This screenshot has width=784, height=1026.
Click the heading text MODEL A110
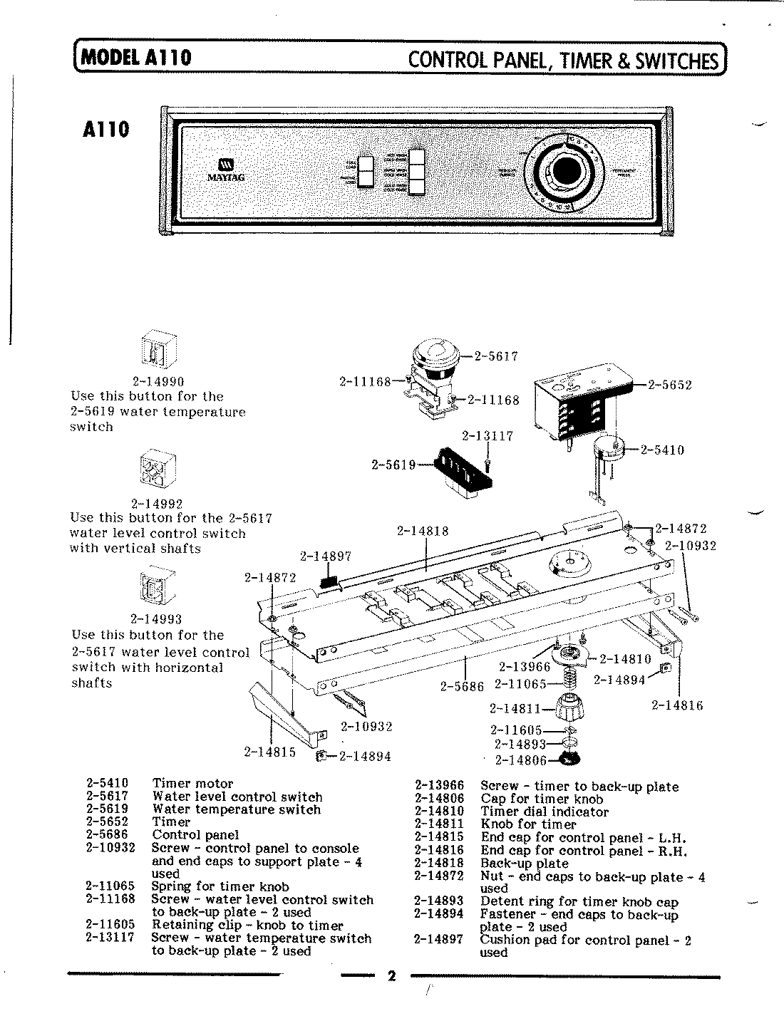pyautogui.click(x=135, y=57)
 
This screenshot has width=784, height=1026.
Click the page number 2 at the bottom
pyautogui.click(x=391, y=975)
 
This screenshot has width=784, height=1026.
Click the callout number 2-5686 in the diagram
pyautogui.click(x=461, y=687)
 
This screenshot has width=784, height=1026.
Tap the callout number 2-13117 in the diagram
pyautogui.click(x=488, y=436)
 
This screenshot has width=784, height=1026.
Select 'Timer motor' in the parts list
pyautogui.click(x=192, y=784)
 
